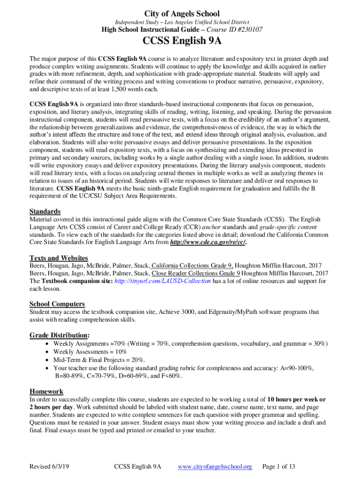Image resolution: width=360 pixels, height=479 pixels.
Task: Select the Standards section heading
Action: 45,211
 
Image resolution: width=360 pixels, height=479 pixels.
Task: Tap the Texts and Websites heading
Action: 59,258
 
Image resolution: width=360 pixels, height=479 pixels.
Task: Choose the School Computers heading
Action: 57,304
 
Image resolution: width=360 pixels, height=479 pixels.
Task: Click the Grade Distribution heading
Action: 60,335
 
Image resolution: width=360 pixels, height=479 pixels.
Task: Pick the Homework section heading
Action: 46,391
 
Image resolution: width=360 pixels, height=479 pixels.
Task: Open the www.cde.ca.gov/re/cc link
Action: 208,242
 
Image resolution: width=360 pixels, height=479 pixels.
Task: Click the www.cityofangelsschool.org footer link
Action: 216,466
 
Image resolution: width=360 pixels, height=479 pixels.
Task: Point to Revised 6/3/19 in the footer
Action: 49,466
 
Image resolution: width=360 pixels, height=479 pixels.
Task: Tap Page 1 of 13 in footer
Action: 279,466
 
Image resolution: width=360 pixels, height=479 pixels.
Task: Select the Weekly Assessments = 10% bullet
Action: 90,351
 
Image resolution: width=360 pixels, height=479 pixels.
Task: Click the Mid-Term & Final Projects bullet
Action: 99,360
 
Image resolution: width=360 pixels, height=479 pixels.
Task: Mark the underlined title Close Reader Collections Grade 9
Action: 195,273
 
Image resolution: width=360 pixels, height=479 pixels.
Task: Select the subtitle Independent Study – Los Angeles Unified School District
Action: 182,22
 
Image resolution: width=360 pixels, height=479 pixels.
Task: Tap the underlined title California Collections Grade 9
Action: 193,265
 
